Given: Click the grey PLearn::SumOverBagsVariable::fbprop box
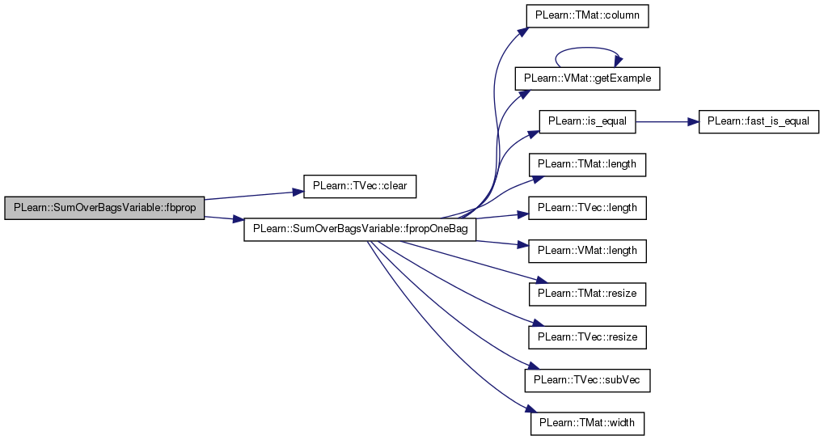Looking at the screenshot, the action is coord(104,208).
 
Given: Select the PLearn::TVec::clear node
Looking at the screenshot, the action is coord(360,186).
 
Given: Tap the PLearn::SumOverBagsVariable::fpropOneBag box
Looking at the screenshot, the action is coord(360,230).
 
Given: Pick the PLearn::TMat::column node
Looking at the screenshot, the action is coord(588,15).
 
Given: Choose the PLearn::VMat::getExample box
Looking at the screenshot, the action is coord(588,78).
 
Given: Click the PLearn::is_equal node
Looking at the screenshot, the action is coord(588,121).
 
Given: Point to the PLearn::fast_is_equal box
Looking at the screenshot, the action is coord(759,121).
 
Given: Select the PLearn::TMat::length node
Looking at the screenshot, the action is coord(588,164).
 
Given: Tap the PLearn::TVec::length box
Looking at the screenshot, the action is coord(588,208).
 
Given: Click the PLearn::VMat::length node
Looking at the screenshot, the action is coord(588,252).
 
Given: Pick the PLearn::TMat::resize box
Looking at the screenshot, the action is coord(588,294).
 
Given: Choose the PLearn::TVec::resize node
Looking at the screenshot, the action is coord(588,337).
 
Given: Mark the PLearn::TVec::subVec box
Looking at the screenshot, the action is coord(588,380).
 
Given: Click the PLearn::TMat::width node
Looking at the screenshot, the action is coord(588,423).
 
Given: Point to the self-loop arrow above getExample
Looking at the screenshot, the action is coord(588,48).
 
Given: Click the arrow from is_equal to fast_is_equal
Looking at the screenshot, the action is coord(667,121).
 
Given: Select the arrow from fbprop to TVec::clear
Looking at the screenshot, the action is coord(254,196).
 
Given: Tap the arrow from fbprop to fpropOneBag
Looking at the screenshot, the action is coord(224,218).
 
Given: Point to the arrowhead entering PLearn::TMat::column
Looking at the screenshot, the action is coord(522,32).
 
